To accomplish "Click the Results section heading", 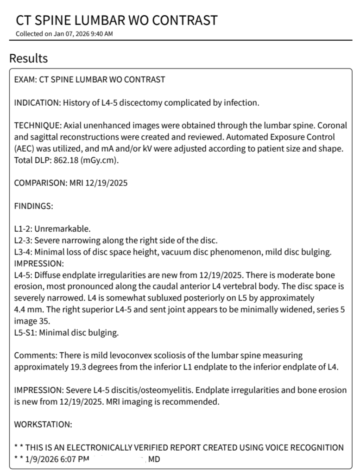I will tap(28, 58).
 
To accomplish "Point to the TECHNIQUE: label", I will tap(38, 126).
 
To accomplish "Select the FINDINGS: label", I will tap(33, 206).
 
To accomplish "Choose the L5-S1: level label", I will tap(25, 332).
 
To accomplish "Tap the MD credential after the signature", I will tap(154, 459).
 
